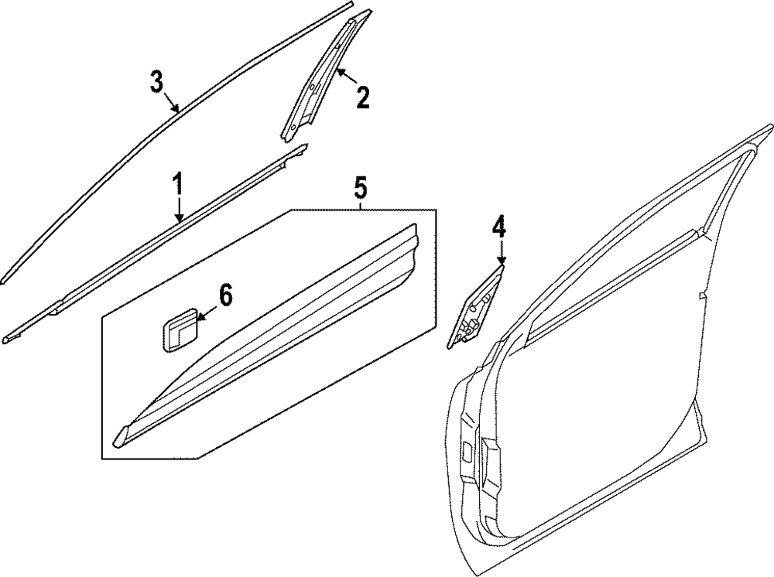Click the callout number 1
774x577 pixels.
click(178, 186)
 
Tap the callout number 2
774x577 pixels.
click(361, 97)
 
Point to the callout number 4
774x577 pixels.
click(499, 227)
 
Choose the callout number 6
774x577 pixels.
click(225, 295)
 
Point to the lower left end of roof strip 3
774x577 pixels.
click(4, 275)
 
